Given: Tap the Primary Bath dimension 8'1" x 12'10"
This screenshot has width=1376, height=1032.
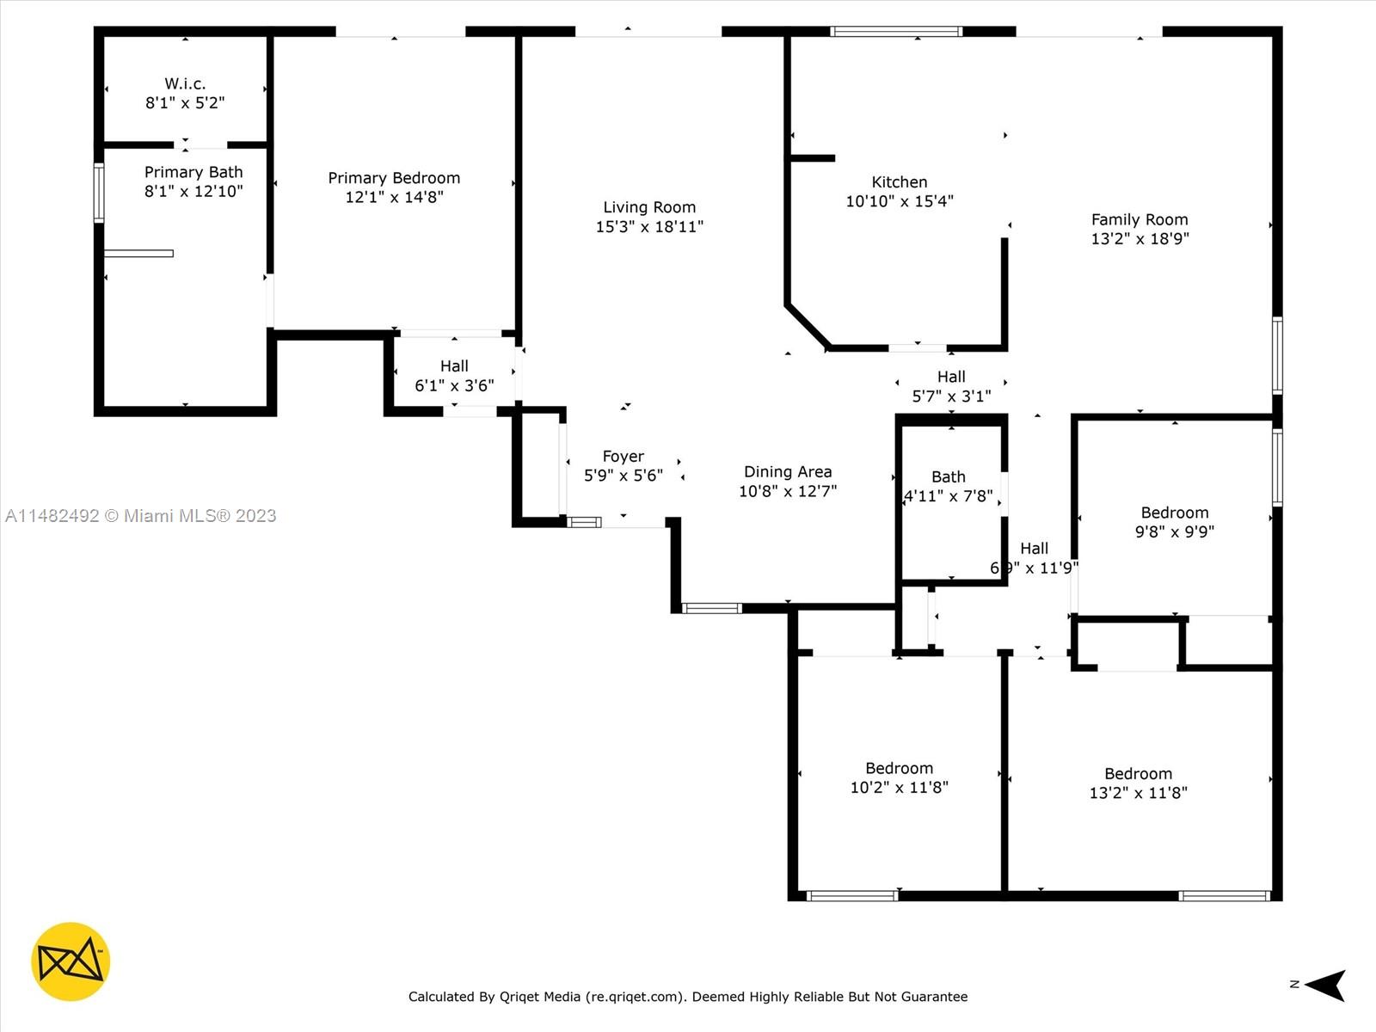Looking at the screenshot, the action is pyautogui.click(x=193, y=191).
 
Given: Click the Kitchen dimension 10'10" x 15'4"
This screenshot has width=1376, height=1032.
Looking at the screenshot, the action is pyautogui.click(x=900, y=201).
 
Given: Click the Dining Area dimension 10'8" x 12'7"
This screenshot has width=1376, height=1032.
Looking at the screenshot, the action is pyautogui.click(x=788, y=491).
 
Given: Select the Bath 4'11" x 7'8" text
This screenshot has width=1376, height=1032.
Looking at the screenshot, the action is pyautogui.click(x=949, y=486).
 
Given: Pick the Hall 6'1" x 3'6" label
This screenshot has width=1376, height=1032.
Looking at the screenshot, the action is pyautogui.click(x=454, y=375).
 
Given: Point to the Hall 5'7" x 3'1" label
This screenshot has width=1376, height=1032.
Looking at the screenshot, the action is pyautogui.click(x=952, y=386).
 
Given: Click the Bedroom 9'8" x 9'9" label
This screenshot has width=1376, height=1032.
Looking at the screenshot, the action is pyautogui.click(x=1175, y=522).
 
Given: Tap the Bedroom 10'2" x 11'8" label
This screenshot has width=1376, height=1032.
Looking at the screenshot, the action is pyautogui.click(x=899, y=777).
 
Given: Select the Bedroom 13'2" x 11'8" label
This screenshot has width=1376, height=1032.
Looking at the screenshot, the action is pyautogui.click(x=1139, y=783).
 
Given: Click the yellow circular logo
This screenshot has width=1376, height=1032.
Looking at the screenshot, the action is pyautogui.click(x=71, y=961).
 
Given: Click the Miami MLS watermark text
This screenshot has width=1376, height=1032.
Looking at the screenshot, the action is pyautogui.click(x=140, y=516).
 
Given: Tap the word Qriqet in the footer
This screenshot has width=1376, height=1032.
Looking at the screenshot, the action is pyautogui.click(x=518, y=996).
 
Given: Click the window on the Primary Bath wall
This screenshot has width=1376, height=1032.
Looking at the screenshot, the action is pyautogui.click(x=99, y=193).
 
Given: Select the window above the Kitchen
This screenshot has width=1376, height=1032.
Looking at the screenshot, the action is pyautogui.click(x=896, y=31).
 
